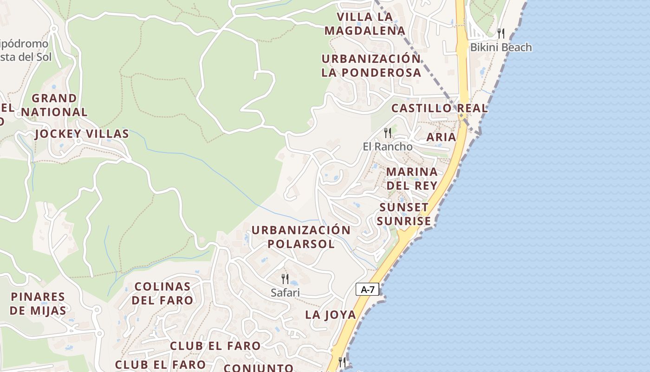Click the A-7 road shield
(x=368, y=290)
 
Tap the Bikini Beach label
(x=501, y=47)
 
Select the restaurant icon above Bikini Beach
(x=500, y=33)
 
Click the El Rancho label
(x=387, y=146)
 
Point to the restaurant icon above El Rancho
(x=388, y=133)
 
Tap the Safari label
(x=285, y=292)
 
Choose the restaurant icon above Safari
(x=285, y=279)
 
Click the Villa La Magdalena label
(x=365, y=24)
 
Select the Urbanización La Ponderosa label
(x=371, y=66)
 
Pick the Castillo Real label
(x=439, y=108)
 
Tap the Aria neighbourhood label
(x=441, y=137)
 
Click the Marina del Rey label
(x=412, y=179)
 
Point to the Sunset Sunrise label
(x=404, y=214)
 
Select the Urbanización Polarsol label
(x=301, y=237)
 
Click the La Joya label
(x=331, y=315)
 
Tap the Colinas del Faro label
(x=162, y=293)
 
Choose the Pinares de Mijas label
(x=38, y=304)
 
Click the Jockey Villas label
(x=82, y=134)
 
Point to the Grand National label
(x=54, y=105)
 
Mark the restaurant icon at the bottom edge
(x=342, y=362)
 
